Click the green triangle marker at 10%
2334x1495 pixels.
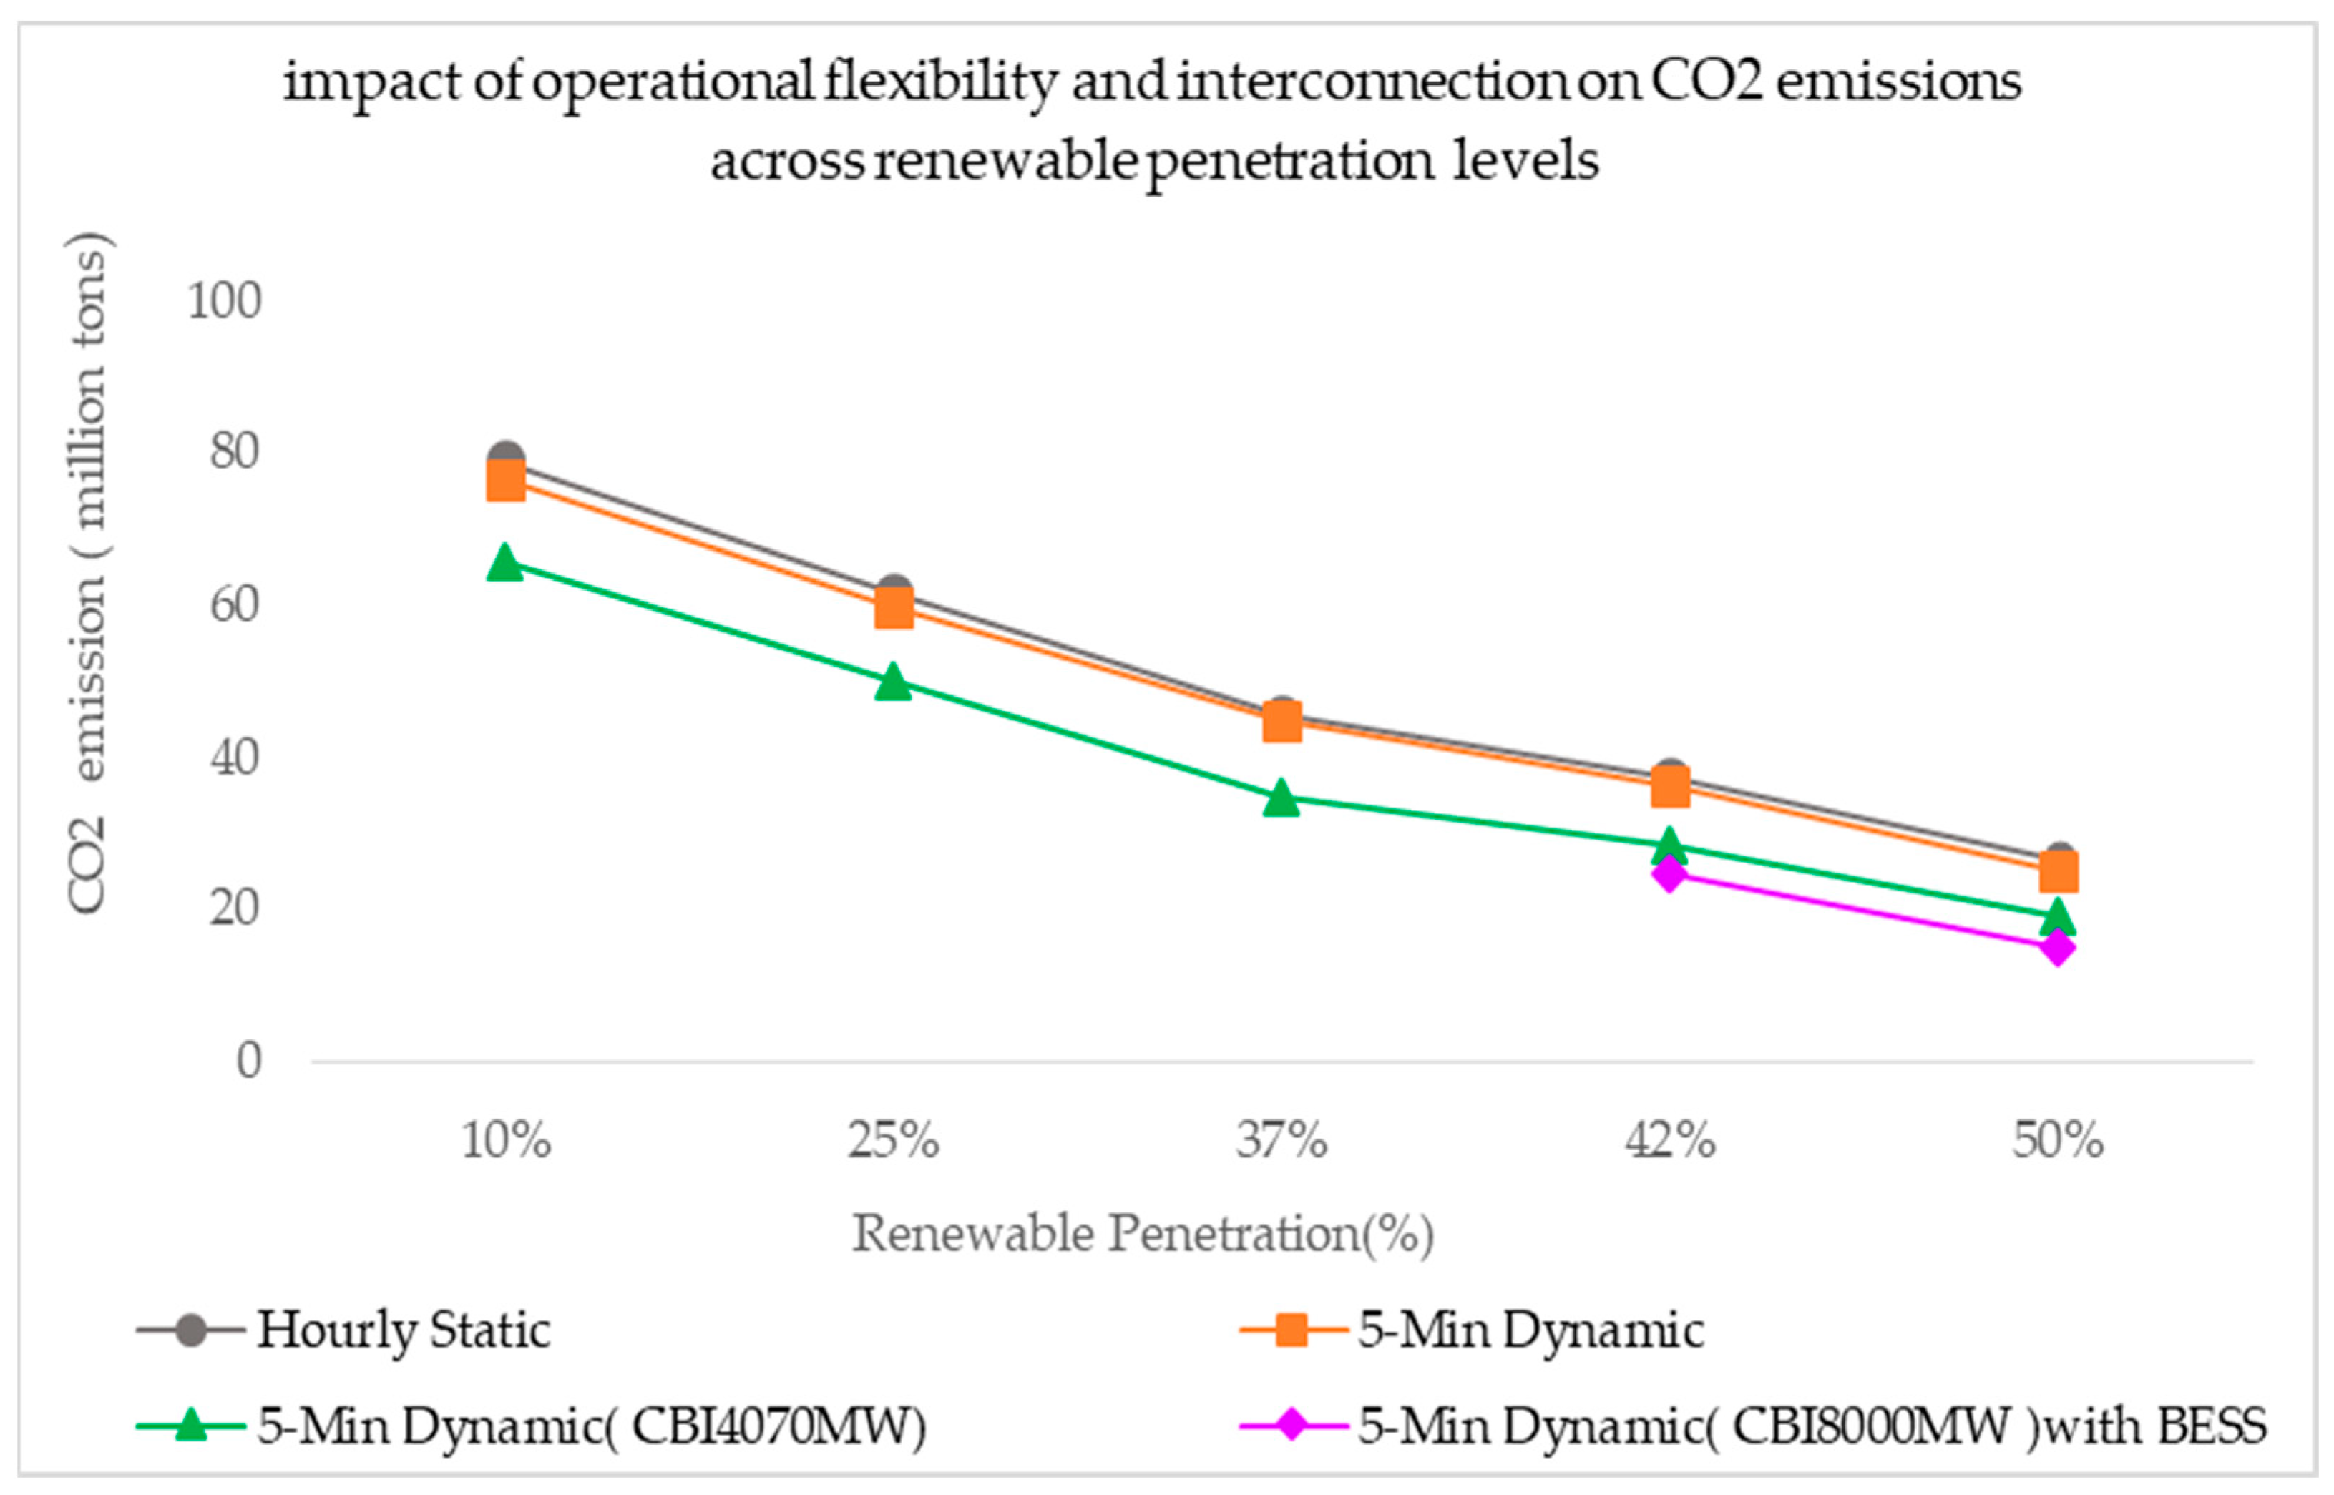click(x=505, y=562)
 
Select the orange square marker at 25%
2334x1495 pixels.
click(x=893, y=609)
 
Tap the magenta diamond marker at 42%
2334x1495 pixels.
click(x=1669, y=873)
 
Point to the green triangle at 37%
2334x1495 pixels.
click(x=1281, y=797)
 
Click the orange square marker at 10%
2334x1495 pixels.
click(x=505, y=479)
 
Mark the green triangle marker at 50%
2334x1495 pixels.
click(x=2057, y=916)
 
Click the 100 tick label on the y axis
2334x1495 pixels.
click(x=224, y=301)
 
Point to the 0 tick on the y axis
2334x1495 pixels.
click(x=248, y=1060)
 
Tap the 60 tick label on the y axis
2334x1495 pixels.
click(x=235, y=605)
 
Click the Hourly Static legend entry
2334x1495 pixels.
click(x=343, y=1330)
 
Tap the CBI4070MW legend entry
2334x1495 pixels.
click(x=531, y=1426)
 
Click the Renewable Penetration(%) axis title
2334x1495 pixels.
click(x=1143, y=1234)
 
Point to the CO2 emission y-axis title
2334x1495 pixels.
click(x=87, y=573)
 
